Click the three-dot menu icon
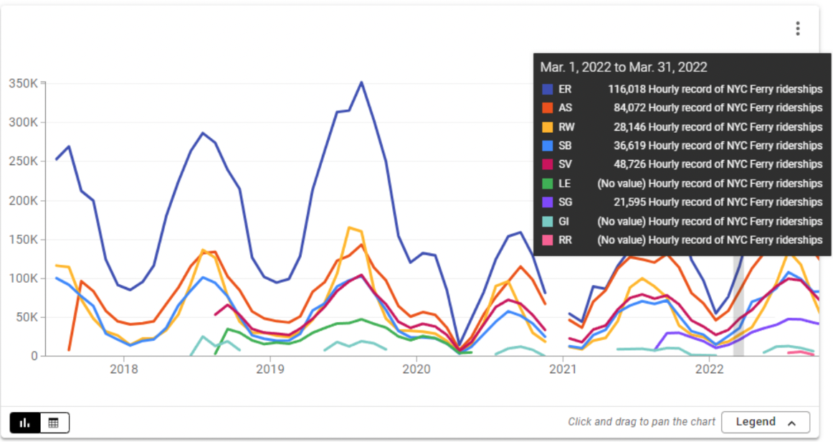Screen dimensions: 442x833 (x=797, y=29)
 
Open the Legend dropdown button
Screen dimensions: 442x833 (x=765, y=422)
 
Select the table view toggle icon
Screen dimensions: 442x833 (x=54, y=423)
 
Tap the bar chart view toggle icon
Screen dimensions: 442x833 (x=25, y=423)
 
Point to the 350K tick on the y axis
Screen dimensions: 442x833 (x=24, y=83)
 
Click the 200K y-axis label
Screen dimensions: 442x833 (x=24, y=200)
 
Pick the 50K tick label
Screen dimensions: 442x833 (x=27, y=317)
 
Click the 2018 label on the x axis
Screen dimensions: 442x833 (x=124, y=370)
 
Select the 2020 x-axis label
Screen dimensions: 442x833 (x=416, y=370)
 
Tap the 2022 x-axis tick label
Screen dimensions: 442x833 (x=710, y=370)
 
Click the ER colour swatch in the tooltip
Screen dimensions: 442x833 (x=548, y=89)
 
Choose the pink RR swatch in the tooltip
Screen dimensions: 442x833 (x=548, y=240)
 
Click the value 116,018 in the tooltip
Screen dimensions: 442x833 (x=627, y=89)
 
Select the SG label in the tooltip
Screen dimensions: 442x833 (x=566, y=202)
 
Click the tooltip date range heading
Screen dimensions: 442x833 (x=624, y=67)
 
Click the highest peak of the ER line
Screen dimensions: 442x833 (x=361, y=83)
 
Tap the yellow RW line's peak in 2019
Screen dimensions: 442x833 (x=350, y=227)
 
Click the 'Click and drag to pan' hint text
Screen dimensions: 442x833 (x=639, y=422)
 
